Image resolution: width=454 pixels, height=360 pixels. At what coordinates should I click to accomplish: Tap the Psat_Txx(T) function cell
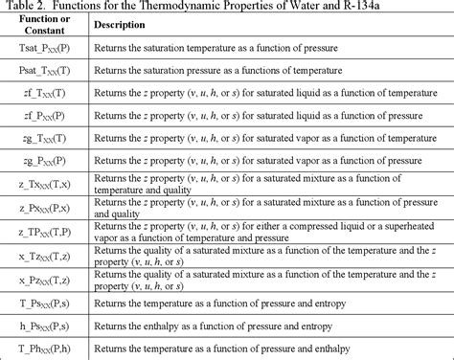pos(44,99)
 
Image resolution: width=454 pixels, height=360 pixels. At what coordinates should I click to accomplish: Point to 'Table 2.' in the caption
pos(26,11)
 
